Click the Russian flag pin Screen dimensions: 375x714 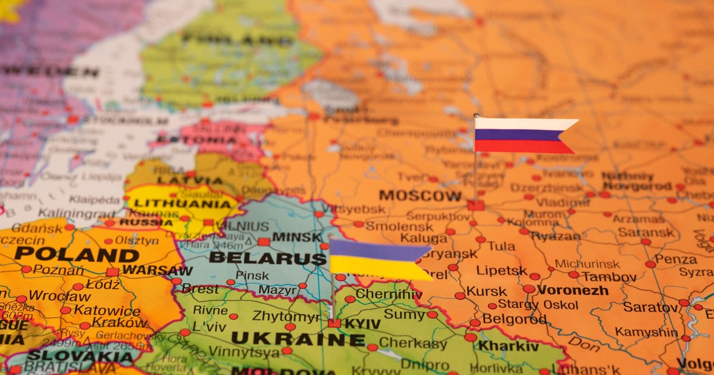pyautogui.click(x=524, y=136)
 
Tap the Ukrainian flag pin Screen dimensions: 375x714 pyautogui.click(x=378, y=260)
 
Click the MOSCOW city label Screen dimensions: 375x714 pyautogui.click(x=420, y=195)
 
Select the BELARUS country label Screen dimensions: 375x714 pyautogui.click(x=268, y=258)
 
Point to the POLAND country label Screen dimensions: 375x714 pyautogui.click(x=76, y=255)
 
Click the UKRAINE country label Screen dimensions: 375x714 pyautogui.click(x=297, y=339)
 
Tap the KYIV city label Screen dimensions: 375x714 pyautogui.click(x=363, y=323)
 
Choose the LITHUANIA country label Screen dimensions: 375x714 pyautogui.click(x=183, y=204)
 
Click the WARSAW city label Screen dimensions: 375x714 pyautogui.click(x=157, y=271)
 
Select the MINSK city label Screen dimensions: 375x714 pyautogui.click(x=296, y=237)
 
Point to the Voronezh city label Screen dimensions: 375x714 pyautogui.click(x=572, y=290)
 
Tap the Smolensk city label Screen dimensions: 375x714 pyautogui.click(x=391, y=226)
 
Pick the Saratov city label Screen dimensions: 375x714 pyautogui.click(x=650, y=307)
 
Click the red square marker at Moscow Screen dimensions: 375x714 pyautogui.click(x=475, y=205)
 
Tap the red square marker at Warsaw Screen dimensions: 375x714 pyautogui.click(x=112, y=272)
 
